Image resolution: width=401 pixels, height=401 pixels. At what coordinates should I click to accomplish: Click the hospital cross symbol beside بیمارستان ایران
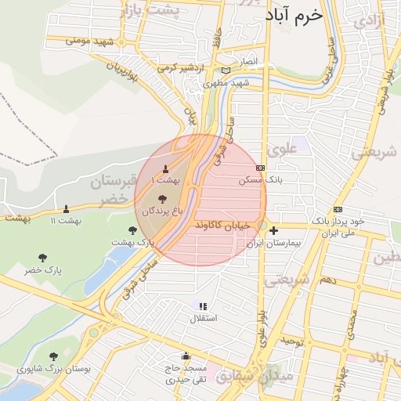pos(273,230)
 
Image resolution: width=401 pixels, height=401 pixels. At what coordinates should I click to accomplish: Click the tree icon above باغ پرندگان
pos(162,199)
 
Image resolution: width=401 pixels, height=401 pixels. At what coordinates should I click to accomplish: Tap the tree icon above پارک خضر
pos(42,257)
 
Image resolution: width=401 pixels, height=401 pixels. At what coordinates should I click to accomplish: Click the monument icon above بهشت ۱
pos(165,169)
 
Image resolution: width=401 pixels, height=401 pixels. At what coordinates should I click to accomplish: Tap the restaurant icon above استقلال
pos(203,306)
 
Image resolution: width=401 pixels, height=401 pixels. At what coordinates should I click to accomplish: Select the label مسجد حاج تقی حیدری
pos(185,374)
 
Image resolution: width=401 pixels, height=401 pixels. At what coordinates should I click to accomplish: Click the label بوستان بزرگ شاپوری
pos(54,368)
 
